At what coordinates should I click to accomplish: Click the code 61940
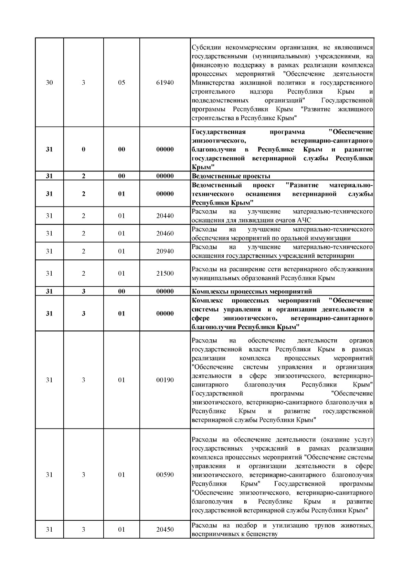coord(165,83)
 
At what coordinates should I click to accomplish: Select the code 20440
coord(165,216)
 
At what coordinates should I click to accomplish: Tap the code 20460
coord(165,233)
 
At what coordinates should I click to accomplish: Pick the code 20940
coord(165,251)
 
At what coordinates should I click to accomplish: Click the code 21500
coord(165,274)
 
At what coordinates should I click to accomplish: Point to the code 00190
coord(165,380)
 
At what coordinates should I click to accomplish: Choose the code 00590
coord(165,475)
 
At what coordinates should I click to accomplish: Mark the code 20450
coord(165,530)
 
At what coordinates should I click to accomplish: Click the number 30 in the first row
coord(49,83)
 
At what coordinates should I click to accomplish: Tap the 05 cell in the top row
coord(121,83)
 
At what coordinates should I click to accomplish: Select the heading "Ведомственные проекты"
coord(231,176)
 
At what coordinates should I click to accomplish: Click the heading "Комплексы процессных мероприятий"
coord(252,291)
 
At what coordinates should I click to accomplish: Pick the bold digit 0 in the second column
coord(84,149)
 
